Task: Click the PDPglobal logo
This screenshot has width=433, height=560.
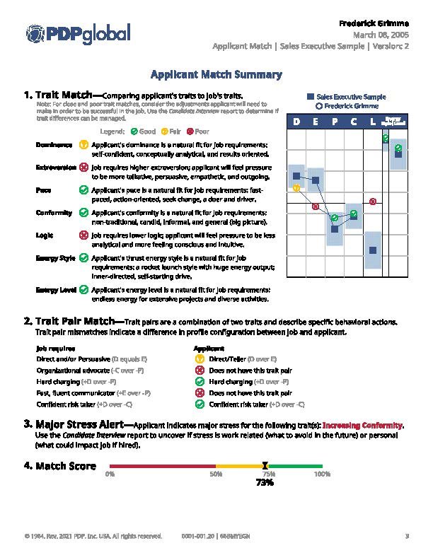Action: coord(78,33)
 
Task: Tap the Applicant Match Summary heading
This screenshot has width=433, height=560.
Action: coord(216,74)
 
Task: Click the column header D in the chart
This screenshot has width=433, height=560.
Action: coord(297,122)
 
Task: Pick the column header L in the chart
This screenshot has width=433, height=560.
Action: coord(374,122)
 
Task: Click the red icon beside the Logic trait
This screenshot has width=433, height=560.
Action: coord(84,235)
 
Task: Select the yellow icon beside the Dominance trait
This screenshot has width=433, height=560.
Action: coord(84,145)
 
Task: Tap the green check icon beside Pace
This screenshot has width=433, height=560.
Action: coord(84,190)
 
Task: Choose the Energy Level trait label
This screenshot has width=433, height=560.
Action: coord(56,289)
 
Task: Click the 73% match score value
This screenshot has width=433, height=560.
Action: coord(265,482)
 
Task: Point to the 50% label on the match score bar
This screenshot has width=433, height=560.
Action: coord(216,474)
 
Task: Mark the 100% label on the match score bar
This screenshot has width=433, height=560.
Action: coord(322,474)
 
